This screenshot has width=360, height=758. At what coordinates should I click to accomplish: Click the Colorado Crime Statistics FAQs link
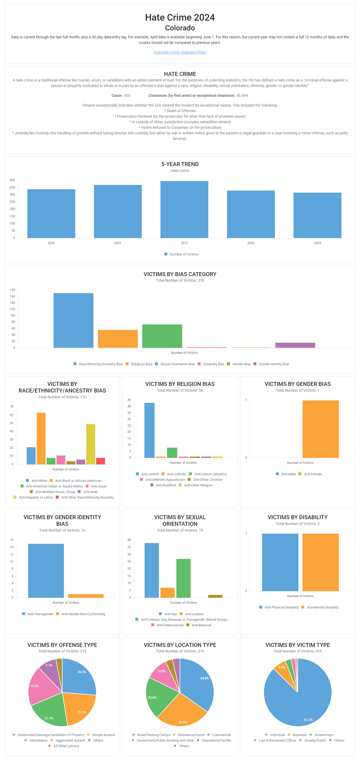[x=180, y=52]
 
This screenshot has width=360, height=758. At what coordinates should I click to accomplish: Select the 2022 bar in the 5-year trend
[x=184, y=209]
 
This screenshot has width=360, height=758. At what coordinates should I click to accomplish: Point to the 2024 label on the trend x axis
[x=317, y=243]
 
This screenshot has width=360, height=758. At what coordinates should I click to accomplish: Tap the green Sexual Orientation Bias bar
[x=162, y=336]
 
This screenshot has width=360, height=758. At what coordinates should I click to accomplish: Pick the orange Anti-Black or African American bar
[x=41, y=439]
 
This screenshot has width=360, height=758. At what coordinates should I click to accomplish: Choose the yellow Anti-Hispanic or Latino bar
[x=91, y=444]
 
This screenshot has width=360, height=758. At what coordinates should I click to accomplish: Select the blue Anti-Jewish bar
[x=149, y=430]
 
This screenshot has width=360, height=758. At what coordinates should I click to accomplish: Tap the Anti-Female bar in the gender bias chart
[x=320, y=429]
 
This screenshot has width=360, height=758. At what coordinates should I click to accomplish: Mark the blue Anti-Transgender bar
[x=46, y=570]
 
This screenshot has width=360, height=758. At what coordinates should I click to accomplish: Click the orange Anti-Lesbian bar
[x=167, y=593]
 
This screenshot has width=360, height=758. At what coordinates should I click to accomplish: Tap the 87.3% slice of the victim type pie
[x=306, y=706]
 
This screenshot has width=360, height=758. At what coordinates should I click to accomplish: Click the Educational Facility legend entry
[x=216, y=741]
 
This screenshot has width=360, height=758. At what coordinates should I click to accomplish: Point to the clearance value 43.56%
[x=242, y=96]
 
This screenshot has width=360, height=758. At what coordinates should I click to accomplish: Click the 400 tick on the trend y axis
[x=12, y=180]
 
